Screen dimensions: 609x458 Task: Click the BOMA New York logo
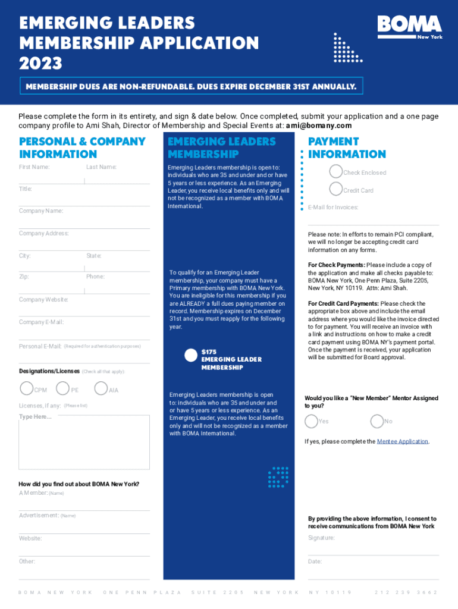coord(410,27)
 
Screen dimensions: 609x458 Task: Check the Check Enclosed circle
coord(336,172)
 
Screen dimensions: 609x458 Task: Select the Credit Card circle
coord(336,190)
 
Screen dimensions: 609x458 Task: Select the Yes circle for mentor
coord(311,421)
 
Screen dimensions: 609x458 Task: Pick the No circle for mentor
coord(377,421)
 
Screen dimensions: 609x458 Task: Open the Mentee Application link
coord(403,441)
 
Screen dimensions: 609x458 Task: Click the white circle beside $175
coord(191,355)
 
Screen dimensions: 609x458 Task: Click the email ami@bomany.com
coord(319,126)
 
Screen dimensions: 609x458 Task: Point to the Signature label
coord(321,538)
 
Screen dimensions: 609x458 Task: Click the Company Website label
coord(43,299)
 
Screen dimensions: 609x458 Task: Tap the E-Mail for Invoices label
coord(333,207)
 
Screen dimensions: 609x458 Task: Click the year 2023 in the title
coord(40,62)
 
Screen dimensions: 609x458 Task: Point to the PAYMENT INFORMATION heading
coord(347,147)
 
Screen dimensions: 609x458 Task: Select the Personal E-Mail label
coord(40,346)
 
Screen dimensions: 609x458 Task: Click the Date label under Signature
coord(315,561)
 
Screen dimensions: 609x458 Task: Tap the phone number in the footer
coord(406,592)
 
